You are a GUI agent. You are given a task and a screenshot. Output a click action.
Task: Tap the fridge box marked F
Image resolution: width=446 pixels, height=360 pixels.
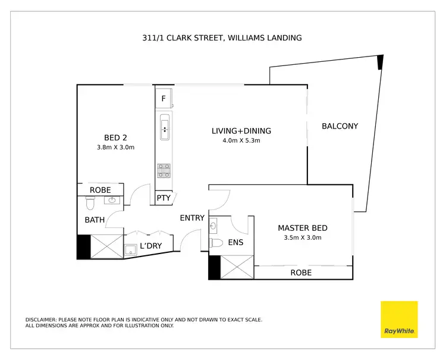(x=164, y=99)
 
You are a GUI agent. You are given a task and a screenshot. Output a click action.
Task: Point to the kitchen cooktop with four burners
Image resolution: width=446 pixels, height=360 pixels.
(x=164, y=171)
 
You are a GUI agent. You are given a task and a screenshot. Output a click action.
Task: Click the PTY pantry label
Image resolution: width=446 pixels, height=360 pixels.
(x=164, y=199)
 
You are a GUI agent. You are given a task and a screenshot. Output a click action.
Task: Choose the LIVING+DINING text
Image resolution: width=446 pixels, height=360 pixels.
(x=241, y=131)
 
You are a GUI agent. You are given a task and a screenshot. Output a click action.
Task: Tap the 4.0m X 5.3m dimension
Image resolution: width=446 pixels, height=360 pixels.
(x=241, y=142)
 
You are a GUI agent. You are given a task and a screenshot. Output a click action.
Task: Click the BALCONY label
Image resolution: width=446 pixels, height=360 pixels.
(x=340, y=126)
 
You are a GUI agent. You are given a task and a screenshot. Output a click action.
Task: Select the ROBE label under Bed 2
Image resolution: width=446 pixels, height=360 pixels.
(x=100, y=190)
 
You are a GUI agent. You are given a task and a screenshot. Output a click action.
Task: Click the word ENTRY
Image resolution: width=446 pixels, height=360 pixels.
(x=192, y=218)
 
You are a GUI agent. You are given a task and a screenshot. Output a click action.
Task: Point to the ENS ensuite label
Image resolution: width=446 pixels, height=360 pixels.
(x=235, y=242)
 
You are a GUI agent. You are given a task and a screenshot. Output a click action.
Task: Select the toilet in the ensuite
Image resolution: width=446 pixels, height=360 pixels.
(x=217, y=243)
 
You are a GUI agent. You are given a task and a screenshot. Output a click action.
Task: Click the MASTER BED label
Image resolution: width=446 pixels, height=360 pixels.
(x=303, y=228)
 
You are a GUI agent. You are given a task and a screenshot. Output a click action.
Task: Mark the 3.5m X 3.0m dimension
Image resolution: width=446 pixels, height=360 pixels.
(x=303, y=238)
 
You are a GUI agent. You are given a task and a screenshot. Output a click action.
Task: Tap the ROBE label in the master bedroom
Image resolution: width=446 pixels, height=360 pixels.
(x=301, y=273)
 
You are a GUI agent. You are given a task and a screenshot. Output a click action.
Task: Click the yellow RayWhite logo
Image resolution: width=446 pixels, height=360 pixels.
(x=399, y=320)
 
